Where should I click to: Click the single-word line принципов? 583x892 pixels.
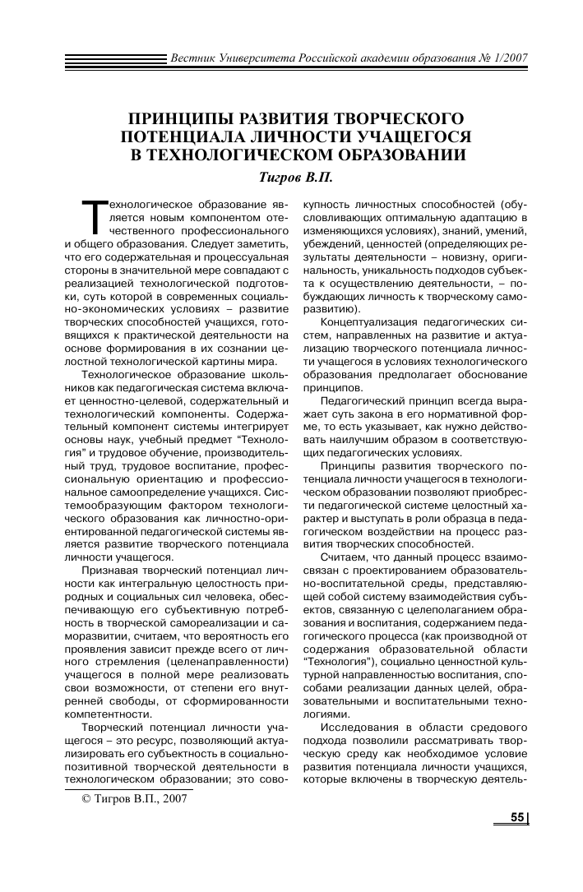(331, 385)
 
